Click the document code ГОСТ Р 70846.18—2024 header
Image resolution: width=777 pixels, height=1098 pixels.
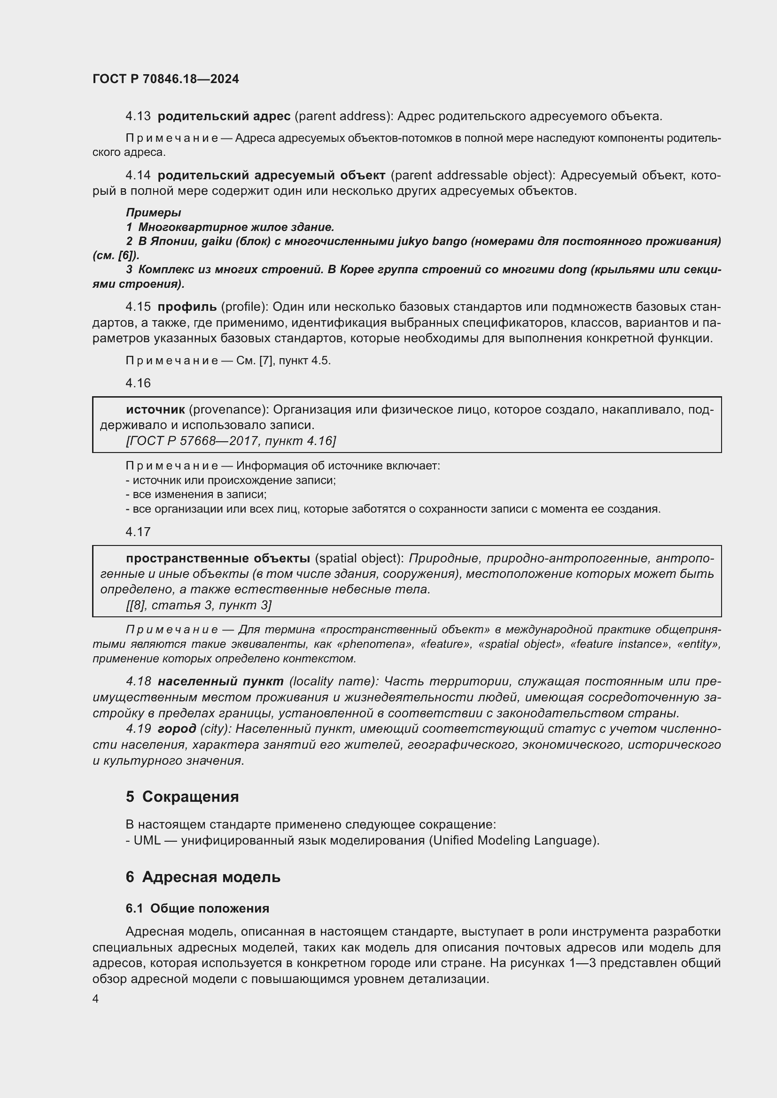tap(165, 79)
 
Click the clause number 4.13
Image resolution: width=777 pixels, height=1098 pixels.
tap(138, 116)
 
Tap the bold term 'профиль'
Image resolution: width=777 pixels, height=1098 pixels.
tap(187, 307)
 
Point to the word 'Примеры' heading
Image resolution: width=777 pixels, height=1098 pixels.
tap(153, 212)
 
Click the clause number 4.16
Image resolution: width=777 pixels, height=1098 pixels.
tap(138, 383)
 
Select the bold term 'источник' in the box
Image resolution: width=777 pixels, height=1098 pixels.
tap(155, 410)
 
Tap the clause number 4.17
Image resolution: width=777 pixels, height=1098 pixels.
tap(138, 532)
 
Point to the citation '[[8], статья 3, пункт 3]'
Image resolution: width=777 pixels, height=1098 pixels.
tap(199, 606)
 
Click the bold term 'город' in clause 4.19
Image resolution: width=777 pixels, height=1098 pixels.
tap(177, 729)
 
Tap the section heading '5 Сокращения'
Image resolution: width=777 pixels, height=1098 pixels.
tap(182, 797)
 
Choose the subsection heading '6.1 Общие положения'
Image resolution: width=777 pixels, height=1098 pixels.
tap(198, 908)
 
